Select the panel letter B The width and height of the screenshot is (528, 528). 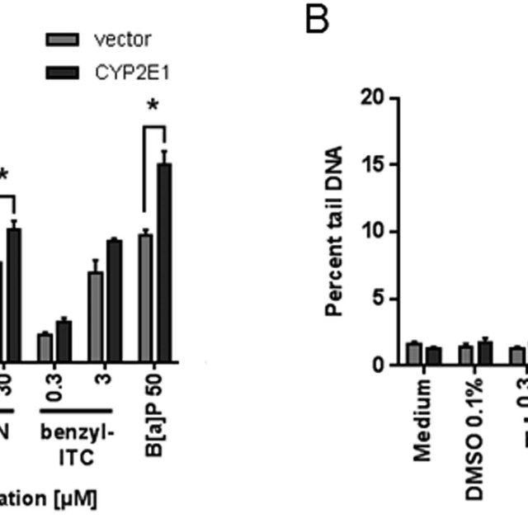click(x=317, y=21)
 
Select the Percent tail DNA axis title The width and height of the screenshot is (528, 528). click(x=334, y=232)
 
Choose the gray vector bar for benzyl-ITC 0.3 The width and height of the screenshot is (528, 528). click(x=45, y=347)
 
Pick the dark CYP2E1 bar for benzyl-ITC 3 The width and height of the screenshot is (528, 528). click(x=114, y=300)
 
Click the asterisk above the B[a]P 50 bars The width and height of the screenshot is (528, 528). click(x=154, y=106)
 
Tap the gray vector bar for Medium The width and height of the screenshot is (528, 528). click(x=414, y=353)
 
